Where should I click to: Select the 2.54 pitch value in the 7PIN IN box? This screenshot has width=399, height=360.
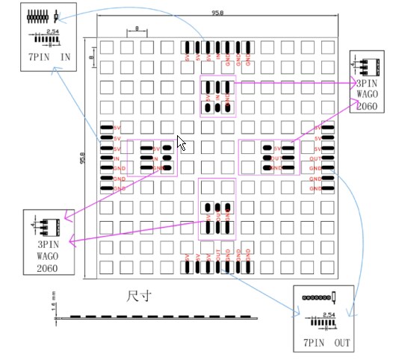[52, 32]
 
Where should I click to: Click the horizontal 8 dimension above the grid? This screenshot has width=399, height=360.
[137, 29]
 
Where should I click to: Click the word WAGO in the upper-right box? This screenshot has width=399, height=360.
[366, 94]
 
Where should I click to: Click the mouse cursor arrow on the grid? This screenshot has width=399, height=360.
[181, 143]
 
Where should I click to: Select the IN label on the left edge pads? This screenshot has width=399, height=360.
[116, 158]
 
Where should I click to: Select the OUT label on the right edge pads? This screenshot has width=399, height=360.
[318, 158]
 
